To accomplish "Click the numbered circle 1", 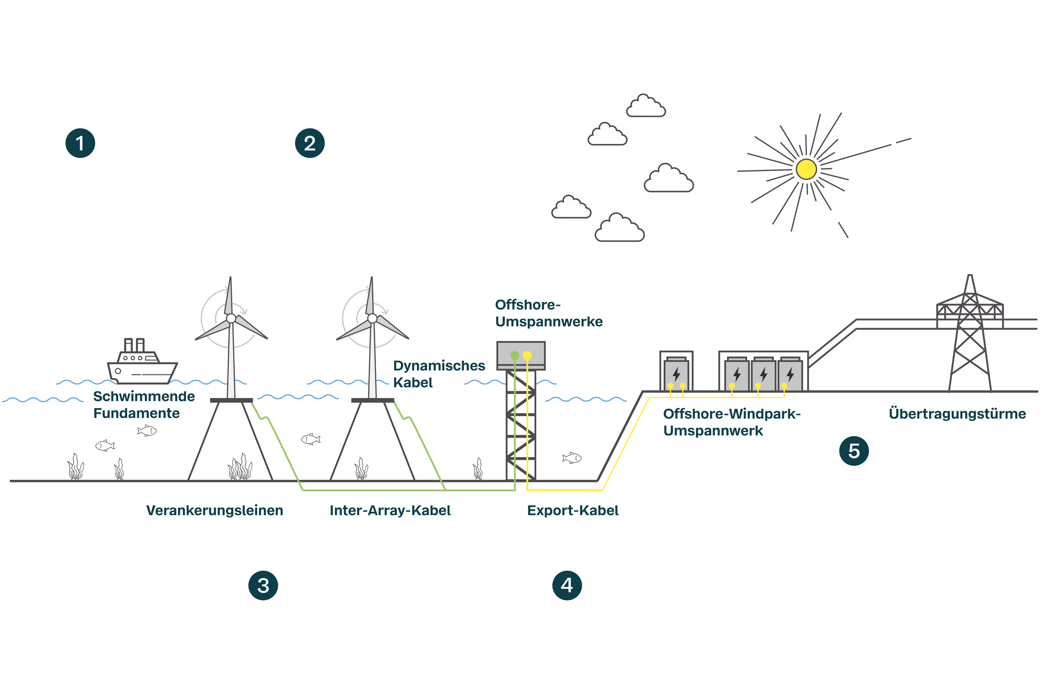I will (x=80, y=143).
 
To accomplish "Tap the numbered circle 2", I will (x=310, y=143).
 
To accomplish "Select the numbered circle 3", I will (x=263, y=585).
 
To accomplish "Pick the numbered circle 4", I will (x=567, y=585).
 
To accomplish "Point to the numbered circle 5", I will (x=853, y=451).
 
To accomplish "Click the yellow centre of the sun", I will (x=806, y=169).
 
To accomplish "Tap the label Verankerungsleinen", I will (x=214, y=510).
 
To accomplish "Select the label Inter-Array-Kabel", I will (x=390, y=510).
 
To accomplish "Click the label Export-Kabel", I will (x=572, y=510).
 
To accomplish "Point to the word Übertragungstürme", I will (x=957, y=414).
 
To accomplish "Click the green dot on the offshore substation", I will (x=515, y=356).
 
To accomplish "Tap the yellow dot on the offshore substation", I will (x=527, y=356).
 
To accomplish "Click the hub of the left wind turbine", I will (x=231, y=318).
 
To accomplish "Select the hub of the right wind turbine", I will (x=372, y=318).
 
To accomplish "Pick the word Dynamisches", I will (x=439, y=366).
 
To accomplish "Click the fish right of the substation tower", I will (x=571, y=457).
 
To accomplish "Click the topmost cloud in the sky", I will (x=646, y=107).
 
